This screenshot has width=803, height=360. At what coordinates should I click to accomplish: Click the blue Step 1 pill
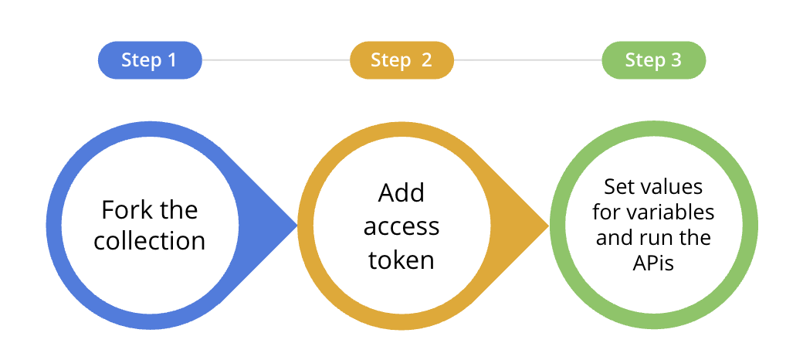[149, 60]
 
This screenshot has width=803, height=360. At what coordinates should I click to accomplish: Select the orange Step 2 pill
[401, 60]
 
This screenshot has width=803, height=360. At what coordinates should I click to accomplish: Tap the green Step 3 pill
[653, 60]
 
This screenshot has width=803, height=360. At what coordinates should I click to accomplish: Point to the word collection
[150, 240]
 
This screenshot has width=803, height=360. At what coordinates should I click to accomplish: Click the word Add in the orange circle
[401, 193]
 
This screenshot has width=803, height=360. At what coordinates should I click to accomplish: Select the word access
[401, 226]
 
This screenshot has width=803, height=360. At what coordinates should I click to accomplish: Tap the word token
[401, 260]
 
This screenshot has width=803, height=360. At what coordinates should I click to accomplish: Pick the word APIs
[653, 263]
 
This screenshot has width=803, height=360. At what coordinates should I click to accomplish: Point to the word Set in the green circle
[618, 187]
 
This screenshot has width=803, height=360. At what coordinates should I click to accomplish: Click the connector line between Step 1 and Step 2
[276, 60]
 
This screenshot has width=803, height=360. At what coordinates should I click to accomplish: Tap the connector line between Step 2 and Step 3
[527, 60]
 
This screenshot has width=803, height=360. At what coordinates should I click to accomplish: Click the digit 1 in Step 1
[171, 60]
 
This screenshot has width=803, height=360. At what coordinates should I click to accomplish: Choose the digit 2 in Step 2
[426, 60]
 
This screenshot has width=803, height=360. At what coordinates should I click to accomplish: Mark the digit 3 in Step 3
[676, 60]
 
